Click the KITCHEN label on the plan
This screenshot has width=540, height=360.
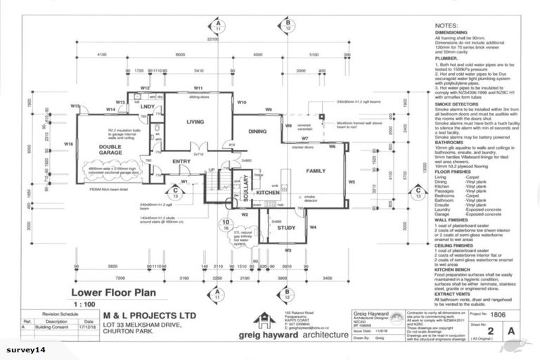pos(268,192)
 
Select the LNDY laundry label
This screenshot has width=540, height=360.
pos(148,105)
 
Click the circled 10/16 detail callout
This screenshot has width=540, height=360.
pos(226,225)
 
